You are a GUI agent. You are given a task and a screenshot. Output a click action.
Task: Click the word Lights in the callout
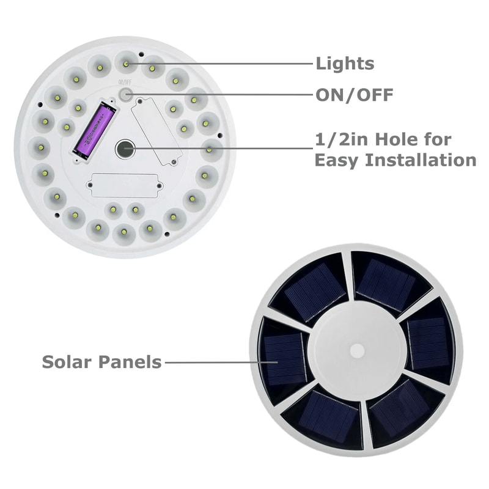click(x=345, y=63)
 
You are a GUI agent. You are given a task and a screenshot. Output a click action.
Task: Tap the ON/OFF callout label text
click(x=355, y=95)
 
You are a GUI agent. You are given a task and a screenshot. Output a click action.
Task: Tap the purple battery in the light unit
click(x=94, y=130)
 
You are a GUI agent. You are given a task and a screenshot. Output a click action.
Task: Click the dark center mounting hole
click(x=125, y=147)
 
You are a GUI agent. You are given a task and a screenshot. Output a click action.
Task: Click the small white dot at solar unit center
click(x=357, y=350)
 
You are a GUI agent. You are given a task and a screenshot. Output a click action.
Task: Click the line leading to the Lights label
click(x=220, y=63)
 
